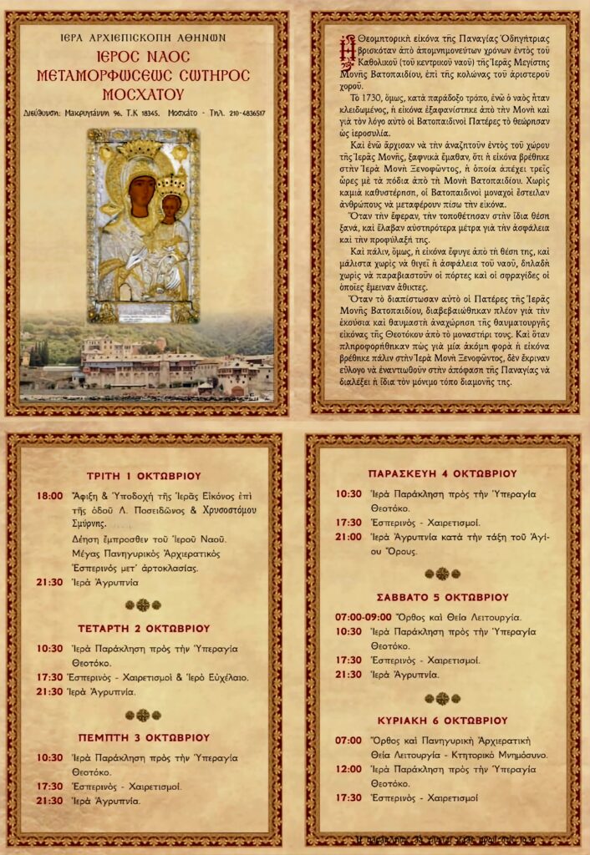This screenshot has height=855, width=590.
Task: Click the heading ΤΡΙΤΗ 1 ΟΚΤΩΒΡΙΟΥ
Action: [x=144, y=476]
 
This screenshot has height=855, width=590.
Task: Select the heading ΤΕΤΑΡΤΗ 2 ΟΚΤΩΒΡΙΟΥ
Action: [x=144, y=628]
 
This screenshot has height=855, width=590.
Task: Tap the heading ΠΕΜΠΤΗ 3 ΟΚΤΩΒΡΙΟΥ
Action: [x=144, y=737]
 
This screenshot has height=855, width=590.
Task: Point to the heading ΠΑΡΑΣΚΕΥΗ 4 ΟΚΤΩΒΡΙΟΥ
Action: [x=442, y=473]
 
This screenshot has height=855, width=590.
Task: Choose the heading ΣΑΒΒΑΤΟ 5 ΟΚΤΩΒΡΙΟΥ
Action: [x=444, y=597]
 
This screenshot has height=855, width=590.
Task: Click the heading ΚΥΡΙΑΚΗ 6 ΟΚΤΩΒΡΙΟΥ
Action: [x=444, y=720]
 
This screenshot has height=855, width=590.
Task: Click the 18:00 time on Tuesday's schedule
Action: [x=50, y=496]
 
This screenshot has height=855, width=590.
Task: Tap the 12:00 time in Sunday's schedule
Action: [x=348, y=769]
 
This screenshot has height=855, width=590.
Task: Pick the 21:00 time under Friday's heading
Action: [x=348, y=537]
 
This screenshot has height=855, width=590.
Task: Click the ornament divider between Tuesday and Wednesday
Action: [x=143, y=605]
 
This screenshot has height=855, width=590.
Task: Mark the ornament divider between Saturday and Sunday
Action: [x=442, y=698]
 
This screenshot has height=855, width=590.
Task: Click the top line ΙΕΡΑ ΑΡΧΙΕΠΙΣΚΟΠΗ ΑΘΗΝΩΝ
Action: [x=144, y=38]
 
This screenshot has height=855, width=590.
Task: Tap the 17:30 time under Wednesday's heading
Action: [x=50, y=677]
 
